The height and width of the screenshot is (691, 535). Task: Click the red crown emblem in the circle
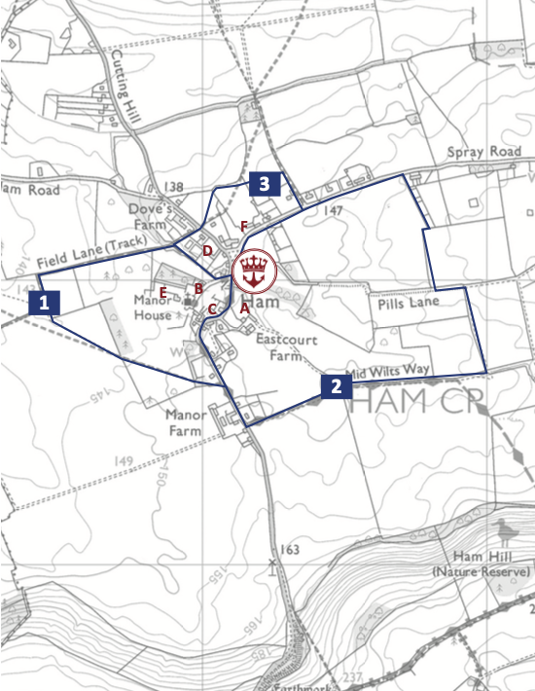pos(256,272)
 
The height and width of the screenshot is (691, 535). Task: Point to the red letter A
pos(243,307)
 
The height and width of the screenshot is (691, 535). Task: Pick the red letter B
pos(198,288)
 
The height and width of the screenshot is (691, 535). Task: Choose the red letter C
pos(212,309)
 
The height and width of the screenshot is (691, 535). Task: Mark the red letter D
pos(207,250)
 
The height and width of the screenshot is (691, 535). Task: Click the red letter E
pos(163,292)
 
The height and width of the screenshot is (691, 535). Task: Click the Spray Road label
pos(484,153)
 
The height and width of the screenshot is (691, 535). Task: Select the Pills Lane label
pos(409,303)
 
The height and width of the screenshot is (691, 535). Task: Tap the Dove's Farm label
pos(152,217)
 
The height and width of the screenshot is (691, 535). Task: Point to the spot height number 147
pos(335,209)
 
